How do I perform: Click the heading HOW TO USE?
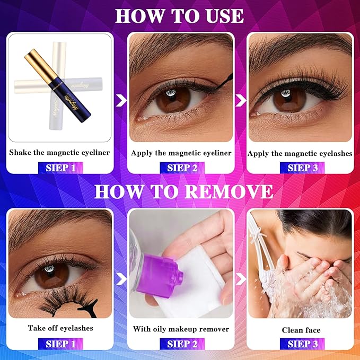click(x=179, y=15)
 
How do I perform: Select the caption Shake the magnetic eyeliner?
click(x=59, y=153)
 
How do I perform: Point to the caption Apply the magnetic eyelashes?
click(x=300, y=153)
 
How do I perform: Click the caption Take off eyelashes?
click(x=60, y=328)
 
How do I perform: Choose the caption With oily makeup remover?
click(x=181, y=329)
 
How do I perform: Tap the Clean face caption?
click(x=301, y=330)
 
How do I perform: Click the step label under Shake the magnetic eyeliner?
click(x=60, y=168)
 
